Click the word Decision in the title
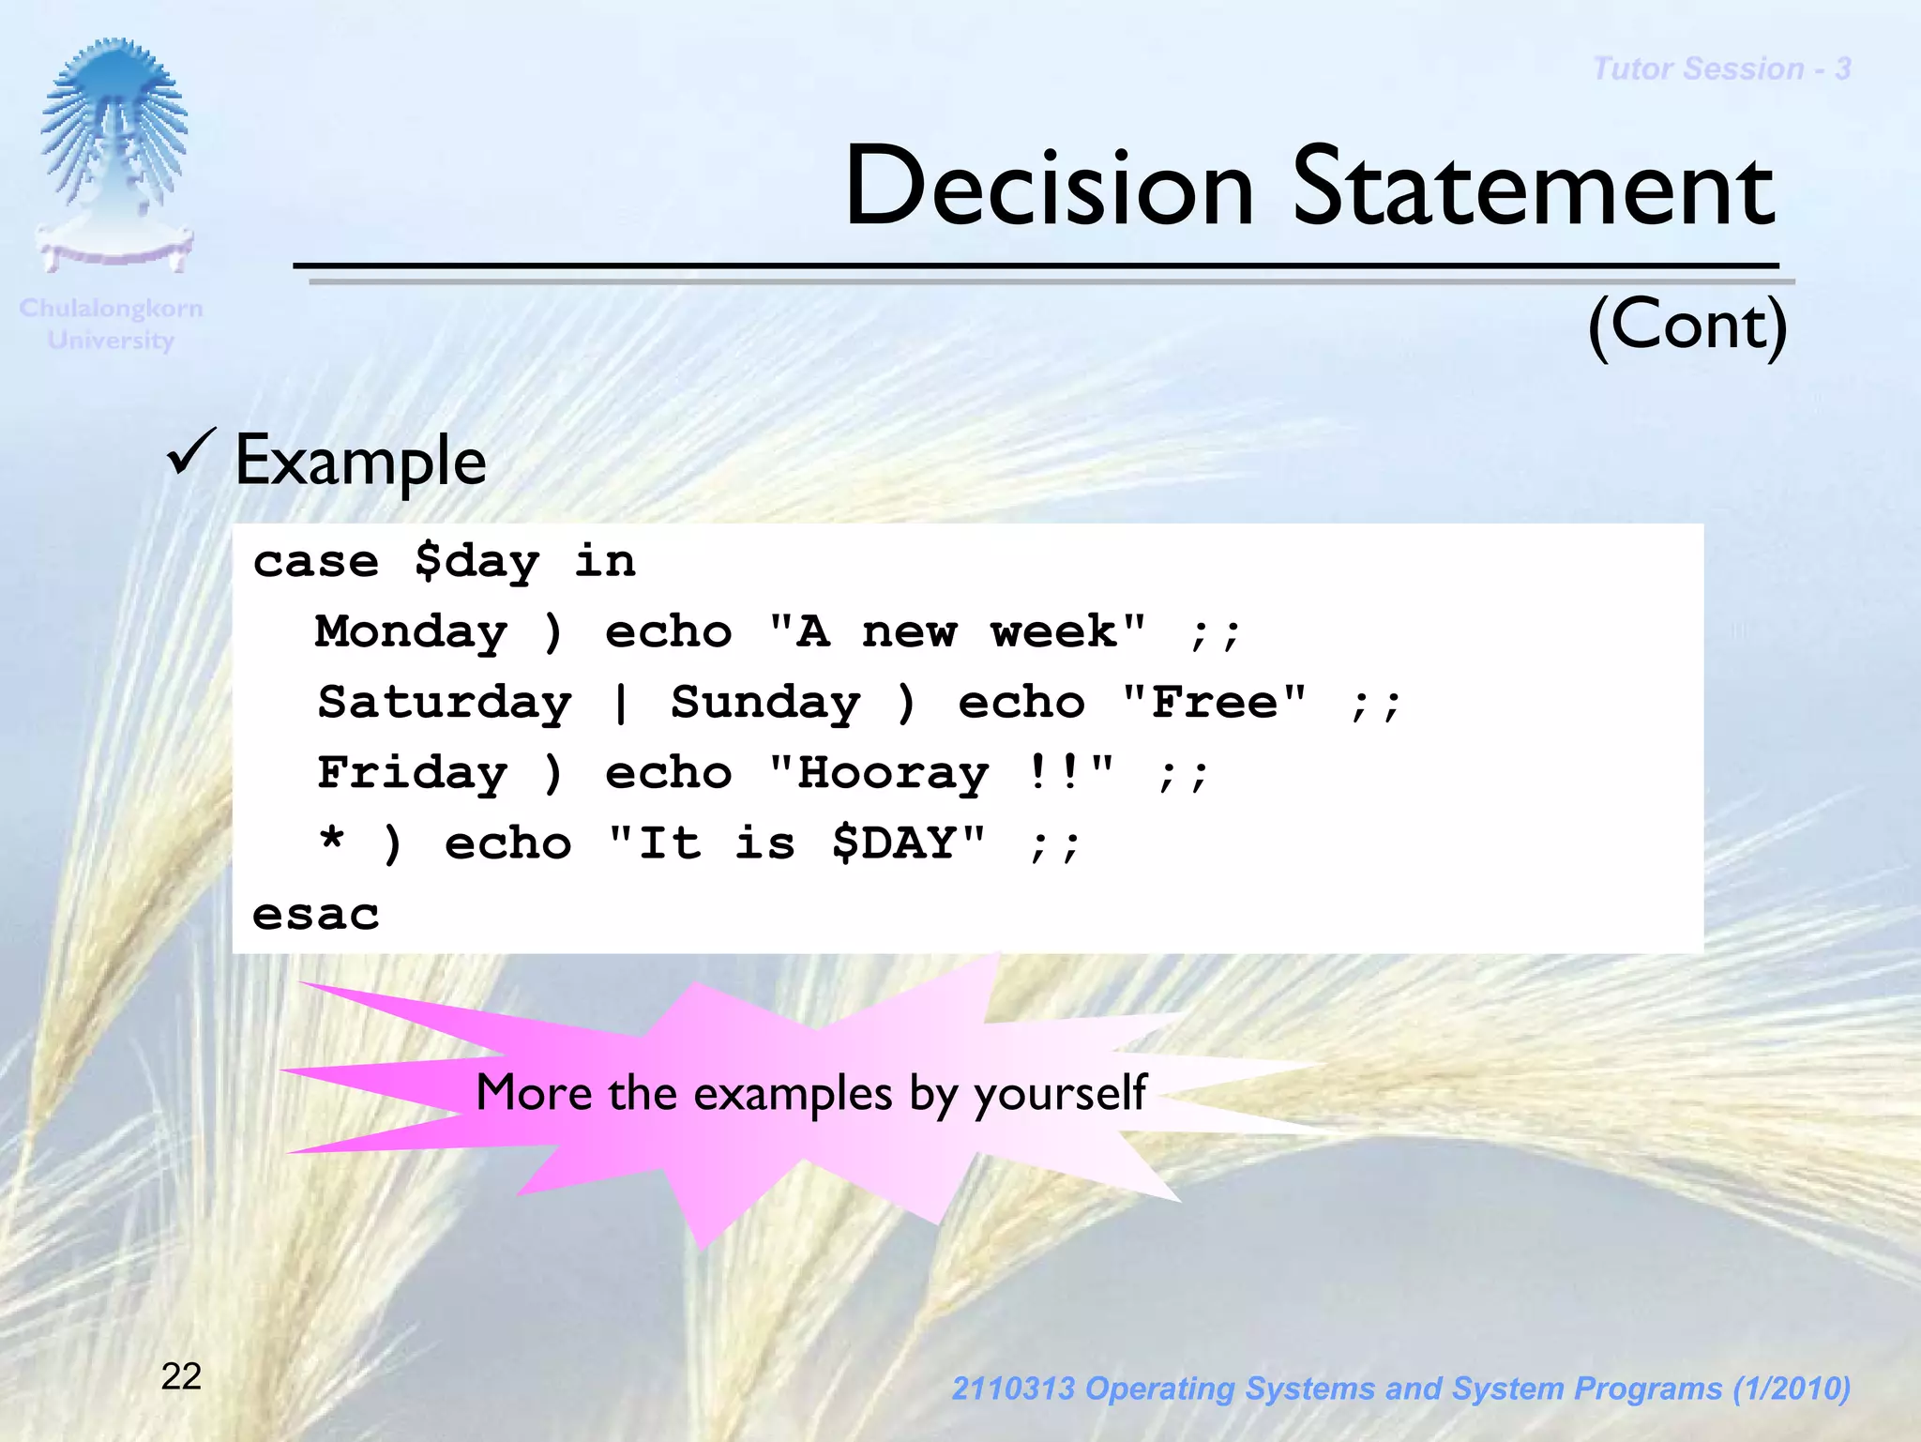1049,188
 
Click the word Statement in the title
1534,188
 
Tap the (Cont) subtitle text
1687,325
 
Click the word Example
360,462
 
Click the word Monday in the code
411,632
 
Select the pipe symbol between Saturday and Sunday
620,704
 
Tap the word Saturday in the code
445,704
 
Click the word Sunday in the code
765,704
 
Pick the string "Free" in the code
1214,703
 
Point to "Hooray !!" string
941,774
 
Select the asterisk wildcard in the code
331,839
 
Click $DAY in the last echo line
893,843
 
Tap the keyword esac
315,915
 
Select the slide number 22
181,1376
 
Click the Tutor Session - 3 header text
1721,68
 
